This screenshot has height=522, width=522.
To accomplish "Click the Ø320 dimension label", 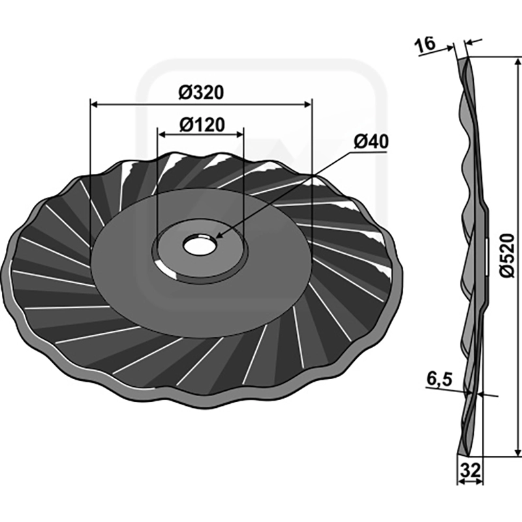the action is tap(201, 93).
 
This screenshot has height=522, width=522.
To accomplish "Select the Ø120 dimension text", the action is tap(202, 125).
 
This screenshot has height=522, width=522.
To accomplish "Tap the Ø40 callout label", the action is tap(371, 142).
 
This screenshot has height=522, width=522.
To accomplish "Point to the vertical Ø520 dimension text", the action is tap(508, 255).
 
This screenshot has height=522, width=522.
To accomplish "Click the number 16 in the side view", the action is tap(425, 44).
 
